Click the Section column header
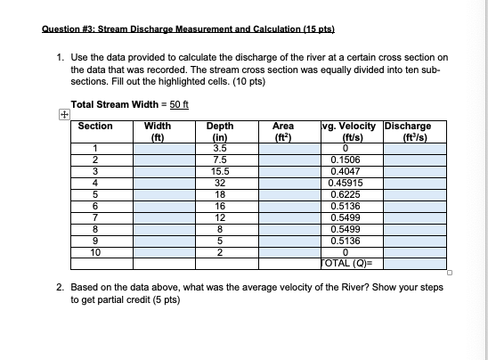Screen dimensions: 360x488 pyautogui.click(x=95, y=127)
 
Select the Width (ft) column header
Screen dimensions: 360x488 pyautogui.click(x=158, y=132)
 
